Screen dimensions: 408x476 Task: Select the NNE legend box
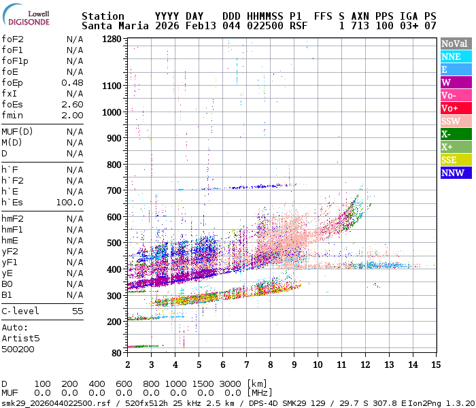tap(455, 56)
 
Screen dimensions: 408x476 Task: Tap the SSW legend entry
tap(455, 121)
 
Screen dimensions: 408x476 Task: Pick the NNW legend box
tap(455, 173)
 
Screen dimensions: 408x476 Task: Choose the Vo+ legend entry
tap(455, 108)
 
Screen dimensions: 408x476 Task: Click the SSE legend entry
tap(455, 160)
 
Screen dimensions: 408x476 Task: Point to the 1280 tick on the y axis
tap(112, 39)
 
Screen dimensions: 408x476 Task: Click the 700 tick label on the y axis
tap(114, 191)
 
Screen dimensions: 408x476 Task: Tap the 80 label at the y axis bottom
tap(117, 353)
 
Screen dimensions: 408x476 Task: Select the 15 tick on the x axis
tap(435, 364)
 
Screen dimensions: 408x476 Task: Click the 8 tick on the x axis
tap(270, 364)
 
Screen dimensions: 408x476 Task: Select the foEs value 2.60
tap(72, 104)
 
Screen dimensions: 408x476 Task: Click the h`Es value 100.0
tap(69, 202)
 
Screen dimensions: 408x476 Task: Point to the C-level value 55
tap(78, 311)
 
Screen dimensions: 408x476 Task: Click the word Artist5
tap(20, 337)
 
